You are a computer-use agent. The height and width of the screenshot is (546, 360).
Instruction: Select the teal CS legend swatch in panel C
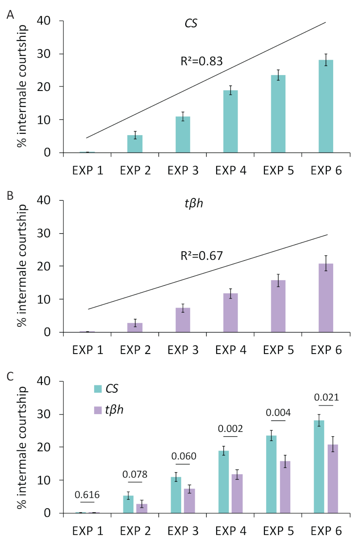tap(98, 388)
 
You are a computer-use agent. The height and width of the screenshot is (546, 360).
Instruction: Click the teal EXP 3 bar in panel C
tap(176, 495)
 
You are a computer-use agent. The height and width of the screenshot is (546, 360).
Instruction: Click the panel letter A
tap(10, 15)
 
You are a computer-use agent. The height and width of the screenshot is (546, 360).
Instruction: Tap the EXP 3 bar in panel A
tap(183, 134)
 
